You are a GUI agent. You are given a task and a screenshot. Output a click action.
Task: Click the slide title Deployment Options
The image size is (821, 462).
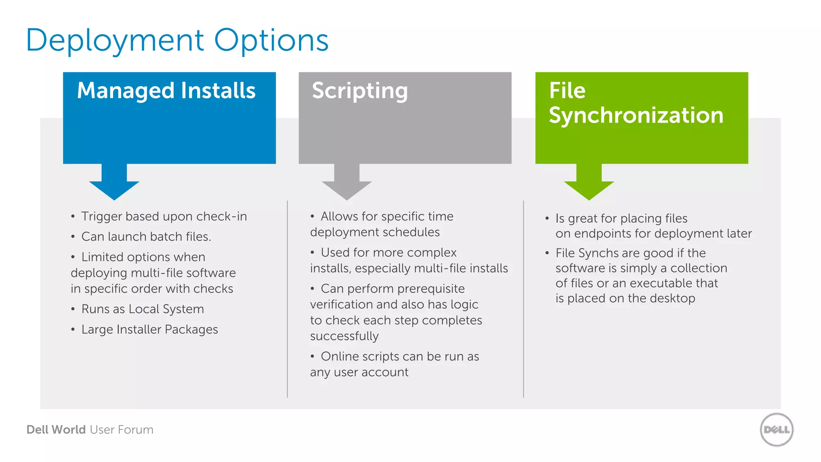click(177, 41)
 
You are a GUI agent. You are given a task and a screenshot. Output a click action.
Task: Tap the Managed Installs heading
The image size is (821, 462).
click(166, 91)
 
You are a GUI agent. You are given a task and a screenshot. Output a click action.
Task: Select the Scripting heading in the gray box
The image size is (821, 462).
click(360, 91)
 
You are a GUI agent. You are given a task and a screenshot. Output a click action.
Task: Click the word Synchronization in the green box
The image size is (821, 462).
click(636, 115)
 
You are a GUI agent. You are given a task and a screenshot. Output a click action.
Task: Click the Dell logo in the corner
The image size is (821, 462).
click(777, 430)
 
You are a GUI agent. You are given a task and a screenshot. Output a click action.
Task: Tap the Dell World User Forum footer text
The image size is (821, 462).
click(90, 430)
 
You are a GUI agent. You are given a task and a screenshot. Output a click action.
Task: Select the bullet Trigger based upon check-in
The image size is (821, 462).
click(164, 217)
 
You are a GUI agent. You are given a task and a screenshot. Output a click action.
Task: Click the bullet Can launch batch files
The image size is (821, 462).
click(146, 237)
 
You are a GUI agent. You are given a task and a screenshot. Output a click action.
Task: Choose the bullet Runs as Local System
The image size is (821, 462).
click(142, 309)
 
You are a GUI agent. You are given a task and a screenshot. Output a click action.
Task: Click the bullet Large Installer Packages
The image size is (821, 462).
click(149, 330)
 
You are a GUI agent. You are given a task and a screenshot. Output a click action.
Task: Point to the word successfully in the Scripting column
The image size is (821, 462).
click(344, 336)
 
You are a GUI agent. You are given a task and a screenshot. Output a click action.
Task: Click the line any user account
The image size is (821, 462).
click(359, 372)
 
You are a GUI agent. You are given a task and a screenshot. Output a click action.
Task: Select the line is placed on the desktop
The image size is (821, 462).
click(625, 298)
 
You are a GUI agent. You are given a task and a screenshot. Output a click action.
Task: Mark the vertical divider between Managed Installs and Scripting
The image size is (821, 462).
click(287, 299)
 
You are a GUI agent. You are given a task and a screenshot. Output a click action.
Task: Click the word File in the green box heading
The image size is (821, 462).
click(567, 91)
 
